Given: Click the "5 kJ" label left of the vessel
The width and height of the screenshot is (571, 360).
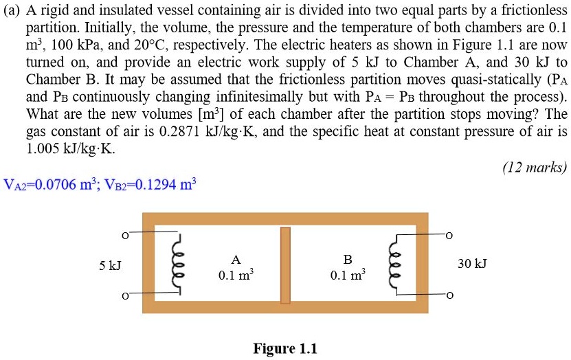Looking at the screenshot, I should point(110,265).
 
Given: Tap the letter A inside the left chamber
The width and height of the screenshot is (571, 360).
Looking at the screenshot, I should point(236,260).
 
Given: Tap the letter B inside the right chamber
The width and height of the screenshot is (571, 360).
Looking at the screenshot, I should point(348,260).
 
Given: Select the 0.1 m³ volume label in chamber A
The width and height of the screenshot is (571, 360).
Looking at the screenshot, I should point(236,275).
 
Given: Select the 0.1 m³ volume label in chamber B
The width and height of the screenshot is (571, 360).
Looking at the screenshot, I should point(348,275).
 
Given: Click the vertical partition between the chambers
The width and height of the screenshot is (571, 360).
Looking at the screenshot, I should point(285,265).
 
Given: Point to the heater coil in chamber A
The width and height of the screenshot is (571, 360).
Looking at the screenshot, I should point(180,265).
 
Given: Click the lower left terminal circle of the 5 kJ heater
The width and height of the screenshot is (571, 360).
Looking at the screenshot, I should point(124,295).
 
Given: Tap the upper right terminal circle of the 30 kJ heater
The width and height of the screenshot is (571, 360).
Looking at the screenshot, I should point(450,236).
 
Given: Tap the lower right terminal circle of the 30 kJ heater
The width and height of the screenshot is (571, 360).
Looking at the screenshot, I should point(450,295).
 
